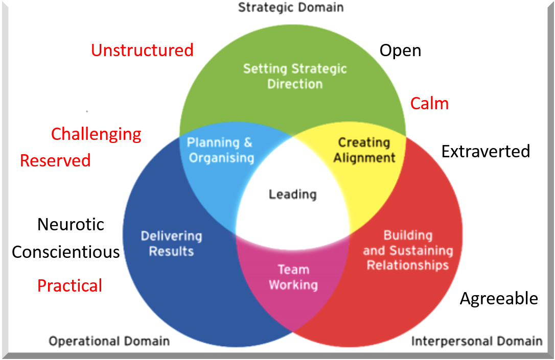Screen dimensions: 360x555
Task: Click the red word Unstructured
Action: (142, 50)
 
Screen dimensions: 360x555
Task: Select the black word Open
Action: (400, 50)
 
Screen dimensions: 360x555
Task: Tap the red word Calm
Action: (429, 104)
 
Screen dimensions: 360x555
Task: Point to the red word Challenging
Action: (96, 134)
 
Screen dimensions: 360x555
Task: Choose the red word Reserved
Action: (55, 160)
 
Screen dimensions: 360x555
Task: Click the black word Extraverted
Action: (485, 151)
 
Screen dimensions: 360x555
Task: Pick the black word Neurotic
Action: (71, 224)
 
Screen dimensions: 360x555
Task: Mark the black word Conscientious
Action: (66, 252)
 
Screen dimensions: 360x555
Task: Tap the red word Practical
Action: (70, 285)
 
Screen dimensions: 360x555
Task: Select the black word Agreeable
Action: (499, 298)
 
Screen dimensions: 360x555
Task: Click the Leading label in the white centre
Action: (293, 195)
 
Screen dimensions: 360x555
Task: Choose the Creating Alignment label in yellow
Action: (364, 150)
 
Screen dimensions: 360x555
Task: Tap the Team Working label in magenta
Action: (293, 277)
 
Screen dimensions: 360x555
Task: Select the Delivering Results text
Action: (171, 244)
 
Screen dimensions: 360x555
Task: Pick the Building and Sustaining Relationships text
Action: (408, 250)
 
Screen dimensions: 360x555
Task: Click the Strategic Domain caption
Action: (291, 7)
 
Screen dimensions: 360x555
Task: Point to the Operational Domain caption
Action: (109, 341)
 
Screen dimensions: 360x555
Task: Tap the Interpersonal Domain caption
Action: (476, 341)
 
